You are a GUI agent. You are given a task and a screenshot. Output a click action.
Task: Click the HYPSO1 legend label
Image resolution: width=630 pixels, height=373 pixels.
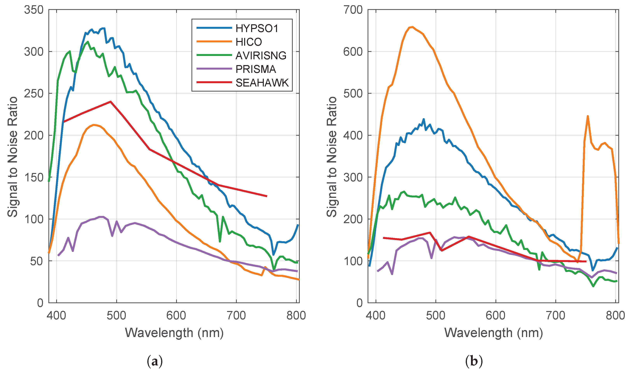pyautogui.click(x=257, y=28)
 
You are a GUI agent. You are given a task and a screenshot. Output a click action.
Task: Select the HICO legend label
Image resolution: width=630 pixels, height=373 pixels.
pyautogui.click(x=249, y=42)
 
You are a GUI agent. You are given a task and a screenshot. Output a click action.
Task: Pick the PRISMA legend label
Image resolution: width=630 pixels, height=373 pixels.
pyautogui.click(x=256, y=69)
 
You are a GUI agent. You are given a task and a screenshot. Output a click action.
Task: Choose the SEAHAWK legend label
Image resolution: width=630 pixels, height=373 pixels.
pyautogui.click(x=262, y=83)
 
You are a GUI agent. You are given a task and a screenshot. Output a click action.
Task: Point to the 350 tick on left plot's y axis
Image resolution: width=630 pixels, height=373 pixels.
pyautogui.click(x=34, y=10)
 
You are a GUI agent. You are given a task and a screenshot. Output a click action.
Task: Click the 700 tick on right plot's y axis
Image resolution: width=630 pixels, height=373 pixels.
pyautogui.click(x=353, y=10)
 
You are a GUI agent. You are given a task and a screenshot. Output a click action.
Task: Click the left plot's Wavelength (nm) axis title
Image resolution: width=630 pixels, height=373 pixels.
pyautogui.click(x=174, y=333)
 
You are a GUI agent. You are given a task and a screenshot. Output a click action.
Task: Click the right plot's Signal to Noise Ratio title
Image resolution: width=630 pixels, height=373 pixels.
pyautogui.click(x=332, y=156)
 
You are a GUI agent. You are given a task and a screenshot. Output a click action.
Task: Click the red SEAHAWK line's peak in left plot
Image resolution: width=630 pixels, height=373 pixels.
pyautogui.click(x=111, y=101)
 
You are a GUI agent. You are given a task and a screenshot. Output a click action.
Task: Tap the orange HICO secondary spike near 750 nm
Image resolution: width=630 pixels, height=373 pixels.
pyautogui.click(x=588, y=116)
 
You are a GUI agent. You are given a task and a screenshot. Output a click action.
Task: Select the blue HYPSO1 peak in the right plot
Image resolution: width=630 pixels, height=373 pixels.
pyautogui.click(x=424, y=119)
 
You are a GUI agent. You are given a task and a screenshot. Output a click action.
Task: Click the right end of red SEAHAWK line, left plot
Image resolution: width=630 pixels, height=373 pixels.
pyautogui.click(x=267, y=196)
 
